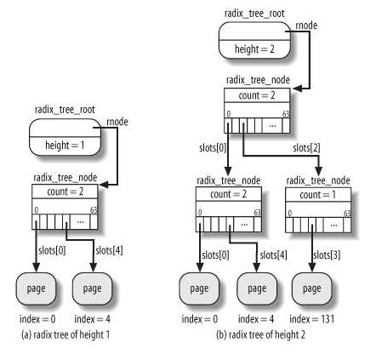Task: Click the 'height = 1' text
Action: coord(65,146)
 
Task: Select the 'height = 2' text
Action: coord(254,49)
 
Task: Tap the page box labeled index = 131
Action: coord(311,289)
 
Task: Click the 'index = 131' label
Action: coord(312,319)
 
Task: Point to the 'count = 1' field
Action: coord(318,195)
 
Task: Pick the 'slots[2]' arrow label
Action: coord(306,148)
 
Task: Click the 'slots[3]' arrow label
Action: coord(327,255)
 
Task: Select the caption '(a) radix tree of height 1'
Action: coord(66,334)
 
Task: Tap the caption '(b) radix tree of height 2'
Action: coord(260,334)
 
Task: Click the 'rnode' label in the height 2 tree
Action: coord(306,26)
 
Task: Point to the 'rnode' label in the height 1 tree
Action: coord(117,122)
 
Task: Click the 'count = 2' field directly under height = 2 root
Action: coord(257,95)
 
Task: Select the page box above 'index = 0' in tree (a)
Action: coord(36,289)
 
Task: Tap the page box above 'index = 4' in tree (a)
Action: coord(92,289)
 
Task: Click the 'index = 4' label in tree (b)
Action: coord(256,319)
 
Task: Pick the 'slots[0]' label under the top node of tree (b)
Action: coord(213,148)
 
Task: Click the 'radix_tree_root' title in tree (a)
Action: coord(65,110)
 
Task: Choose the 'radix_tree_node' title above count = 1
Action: coord(318,180)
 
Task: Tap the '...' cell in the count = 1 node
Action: coord(333,226)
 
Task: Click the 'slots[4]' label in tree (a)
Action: coord(109,250)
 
